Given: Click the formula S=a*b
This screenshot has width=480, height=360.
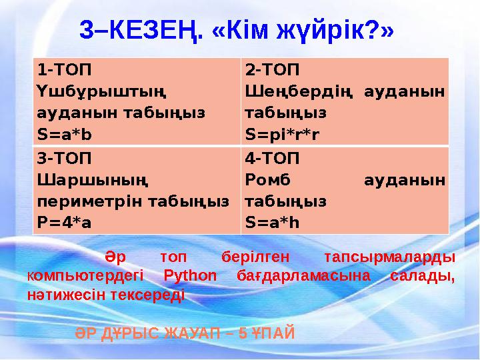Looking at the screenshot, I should point(65,135).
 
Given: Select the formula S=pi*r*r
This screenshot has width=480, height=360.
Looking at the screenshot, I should point(282,135).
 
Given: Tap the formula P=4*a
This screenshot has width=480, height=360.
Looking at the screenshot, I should point(64,222).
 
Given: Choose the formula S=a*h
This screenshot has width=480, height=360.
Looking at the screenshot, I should point(272,222).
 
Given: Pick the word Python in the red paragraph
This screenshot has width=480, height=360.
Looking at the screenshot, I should point(190,275).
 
